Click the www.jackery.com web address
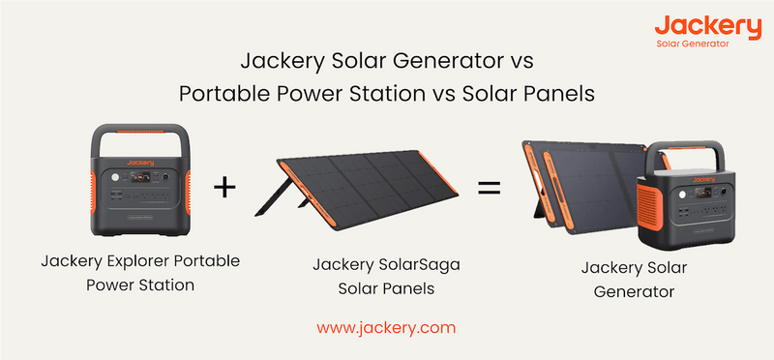point(386,327)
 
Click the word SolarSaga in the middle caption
point(401,264)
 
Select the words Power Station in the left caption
point(140,285)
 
